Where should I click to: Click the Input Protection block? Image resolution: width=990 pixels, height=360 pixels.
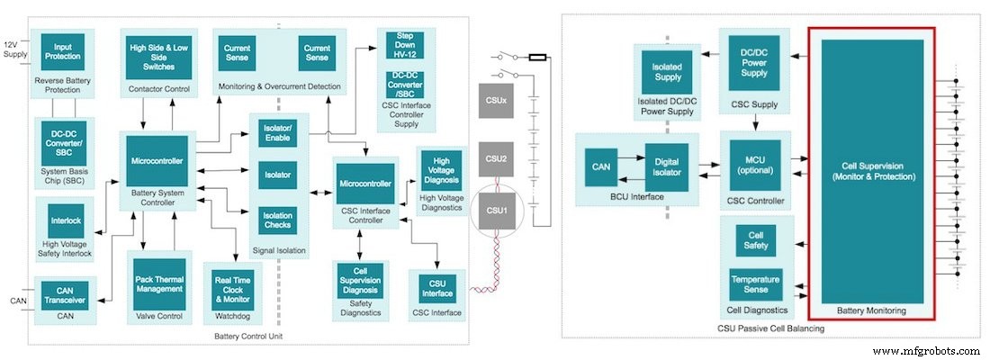[62, 53]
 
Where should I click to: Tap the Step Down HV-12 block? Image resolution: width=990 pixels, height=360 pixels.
[405, 45]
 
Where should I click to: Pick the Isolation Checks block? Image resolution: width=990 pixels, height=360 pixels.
[276, 220]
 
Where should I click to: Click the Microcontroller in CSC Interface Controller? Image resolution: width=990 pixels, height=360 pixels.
[366, 184]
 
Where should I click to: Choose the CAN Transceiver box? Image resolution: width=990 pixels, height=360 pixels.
[64, 293]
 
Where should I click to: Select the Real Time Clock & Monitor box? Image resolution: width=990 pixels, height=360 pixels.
[232, 287]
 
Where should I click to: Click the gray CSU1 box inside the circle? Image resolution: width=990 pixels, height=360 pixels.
[497, 210]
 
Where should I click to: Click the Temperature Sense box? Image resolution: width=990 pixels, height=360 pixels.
[755, 285]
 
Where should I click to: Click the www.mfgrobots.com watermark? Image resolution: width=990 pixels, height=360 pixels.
[926, 350]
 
